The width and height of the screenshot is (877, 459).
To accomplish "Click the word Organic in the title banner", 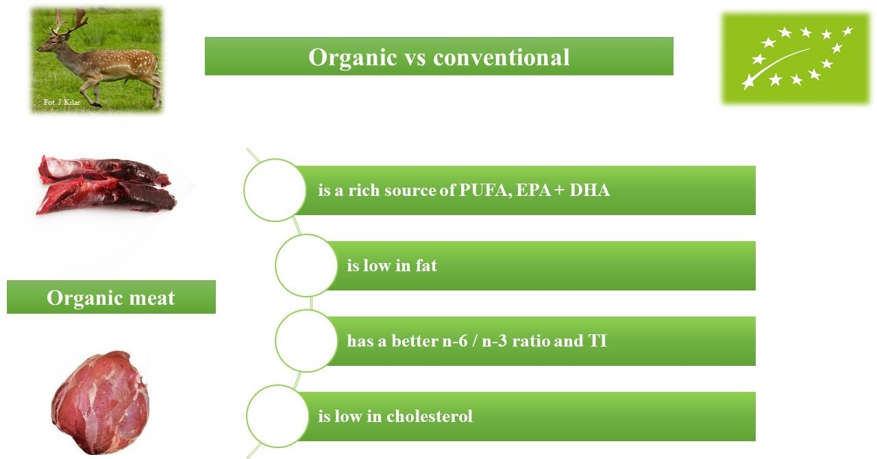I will pyautogui.click(x=347, y=57).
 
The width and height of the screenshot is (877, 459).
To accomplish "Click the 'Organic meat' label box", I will pyautogui.click(x=111, y=298).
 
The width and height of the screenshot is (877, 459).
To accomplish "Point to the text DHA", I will pyautogui.click(x=589, y=190).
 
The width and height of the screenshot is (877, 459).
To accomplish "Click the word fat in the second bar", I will pyautogui.click(x=425, y=265).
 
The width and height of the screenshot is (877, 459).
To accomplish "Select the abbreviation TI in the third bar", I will pyautogui.click(x=597, y=340).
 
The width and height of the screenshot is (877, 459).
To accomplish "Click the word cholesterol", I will pyautogui.click(x=430, y=416).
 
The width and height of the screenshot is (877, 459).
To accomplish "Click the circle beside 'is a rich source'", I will pyautogui.click(x=275, y=190).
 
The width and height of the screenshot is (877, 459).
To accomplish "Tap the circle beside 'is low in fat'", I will pyautogui.click(x=306, y=265).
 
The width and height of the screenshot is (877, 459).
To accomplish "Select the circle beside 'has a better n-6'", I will pyautogui.click(x=306, y=340).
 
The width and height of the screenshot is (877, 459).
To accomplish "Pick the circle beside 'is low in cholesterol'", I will pyautogui.click(x=277, y=416).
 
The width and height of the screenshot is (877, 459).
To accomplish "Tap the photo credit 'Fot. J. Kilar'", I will pyautogui.click(x=61, y=102).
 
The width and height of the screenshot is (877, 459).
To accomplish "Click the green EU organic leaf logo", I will pyautogui.click(x=795, y=59).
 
